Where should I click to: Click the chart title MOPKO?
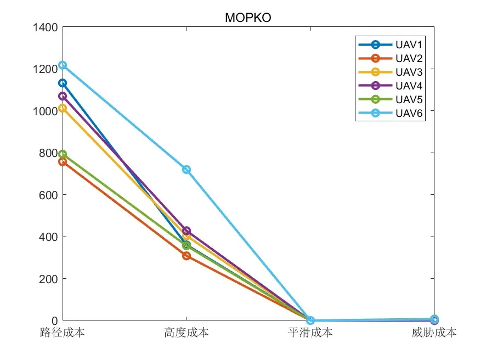point(248,18)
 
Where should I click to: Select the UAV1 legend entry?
point(390,44)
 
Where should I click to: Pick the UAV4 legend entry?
point(390,86)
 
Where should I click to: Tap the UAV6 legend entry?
point(390,113)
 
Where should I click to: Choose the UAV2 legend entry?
point(390,58)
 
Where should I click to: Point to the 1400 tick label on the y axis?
point(46,27)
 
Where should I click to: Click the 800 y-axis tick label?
point(48,153)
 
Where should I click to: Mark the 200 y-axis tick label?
point(48,279)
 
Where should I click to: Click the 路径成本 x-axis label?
point(63,333)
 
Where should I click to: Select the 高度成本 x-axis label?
point(187,333)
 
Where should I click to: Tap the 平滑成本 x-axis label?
point(310,333)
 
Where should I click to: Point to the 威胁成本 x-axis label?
point(434,333)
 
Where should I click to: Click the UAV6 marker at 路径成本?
point(63,65)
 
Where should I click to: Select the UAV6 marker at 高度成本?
point(187,170)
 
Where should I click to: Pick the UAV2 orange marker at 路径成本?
point(63,162)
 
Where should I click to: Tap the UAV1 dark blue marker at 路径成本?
point(63,83)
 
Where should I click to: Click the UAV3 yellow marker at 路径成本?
point(63,108)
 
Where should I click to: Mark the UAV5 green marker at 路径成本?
point(63,154)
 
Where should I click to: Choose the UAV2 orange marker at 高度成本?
point(187,256)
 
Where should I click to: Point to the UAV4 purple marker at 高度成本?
point(187,230)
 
